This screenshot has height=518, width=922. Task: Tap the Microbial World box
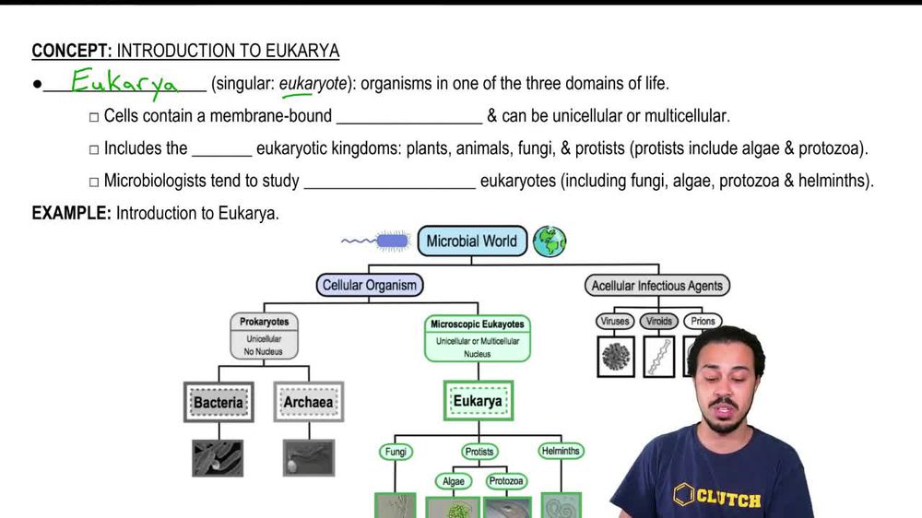(472, 241)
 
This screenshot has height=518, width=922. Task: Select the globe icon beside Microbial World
(550, 241)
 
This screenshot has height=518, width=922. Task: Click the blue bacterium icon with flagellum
(387, 241)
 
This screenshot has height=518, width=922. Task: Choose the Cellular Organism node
(369, 286)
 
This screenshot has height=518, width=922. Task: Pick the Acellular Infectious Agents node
(656, 286)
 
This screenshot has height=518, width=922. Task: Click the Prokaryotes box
(265, 336)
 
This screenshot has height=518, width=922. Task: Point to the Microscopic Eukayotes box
(478, 337)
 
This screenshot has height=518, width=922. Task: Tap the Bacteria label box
(219, 403)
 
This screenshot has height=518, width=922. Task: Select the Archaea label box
(308, 403)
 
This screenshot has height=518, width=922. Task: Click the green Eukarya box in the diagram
(478, 402)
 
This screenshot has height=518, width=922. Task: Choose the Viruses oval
(614, 322)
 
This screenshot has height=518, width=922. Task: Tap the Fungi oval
(395, 452)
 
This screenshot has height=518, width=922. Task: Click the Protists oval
(479, 452)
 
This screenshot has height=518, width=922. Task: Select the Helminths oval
(561, 452)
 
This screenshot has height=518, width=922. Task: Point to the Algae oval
(453, 481)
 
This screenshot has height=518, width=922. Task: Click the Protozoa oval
(506, 481)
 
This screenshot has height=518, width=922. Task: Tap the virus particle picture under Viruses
(616, 356)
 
